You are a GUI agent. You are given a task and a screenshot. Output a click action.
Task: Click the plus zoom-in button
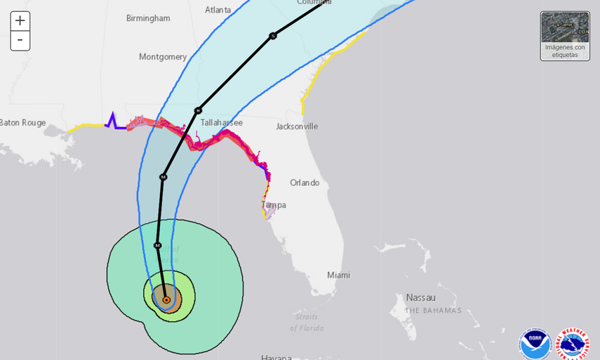20,21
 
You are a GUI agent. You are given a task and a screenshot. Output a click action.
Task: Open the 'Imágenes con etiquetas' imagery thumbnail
564,36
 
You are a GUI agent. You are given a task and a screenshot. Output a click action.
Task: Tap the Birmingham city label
148,18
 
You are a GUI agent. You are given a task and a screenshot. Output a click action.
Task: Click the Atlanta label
218,10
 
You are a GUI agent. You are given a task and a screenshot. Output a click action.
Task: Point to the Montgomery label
163,57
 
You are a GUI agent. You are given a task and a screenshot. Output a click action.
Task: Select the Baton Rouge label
22,123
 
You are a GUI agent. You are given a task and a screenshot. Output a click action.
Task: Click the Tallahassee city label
221,123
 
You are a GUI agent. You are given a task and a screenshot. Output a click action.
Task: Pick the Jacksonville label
297,127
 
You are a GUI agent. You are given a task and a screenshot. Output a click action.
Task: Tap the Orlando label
305,183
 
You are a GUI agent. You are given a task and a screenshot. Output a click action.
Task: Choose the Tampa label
273,205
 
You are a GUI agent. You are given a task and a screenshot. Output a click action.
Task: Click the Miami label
338,275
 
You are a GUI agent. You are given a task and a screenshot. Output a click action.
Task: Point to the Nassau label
420,298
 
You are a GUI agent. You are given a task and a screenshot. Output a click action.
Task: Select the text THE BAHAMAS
433,310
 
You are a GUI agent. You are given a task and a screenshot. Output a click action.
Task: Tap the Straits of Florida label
307,322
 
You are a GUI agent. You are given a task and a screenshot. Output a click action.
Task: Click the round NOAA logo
535,344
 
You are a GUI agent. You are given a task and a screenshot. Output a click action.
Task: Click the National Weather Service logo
573,344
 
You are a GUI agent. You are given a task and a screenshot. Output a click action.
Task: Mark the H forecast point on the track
198,110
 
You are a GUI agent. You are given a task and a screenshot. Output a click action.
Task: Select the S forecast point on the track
272,36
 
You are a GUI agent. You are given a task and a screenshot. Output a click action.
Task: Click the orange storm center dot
166,300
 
